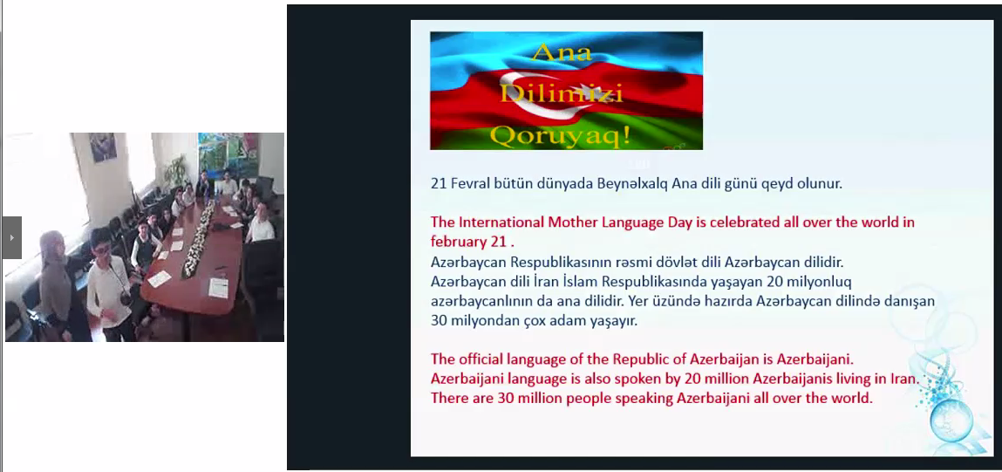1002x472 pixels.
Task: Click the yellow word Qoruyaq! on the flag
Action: [561, 135]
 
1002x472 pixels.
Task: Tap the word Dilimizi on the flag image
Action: [561, 93]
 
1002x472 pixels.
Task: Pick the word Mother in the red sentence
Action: [570, 222]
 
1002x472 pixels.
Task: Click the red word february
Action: [456, 242]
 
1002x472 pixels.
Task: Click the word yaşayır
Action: [617, 321]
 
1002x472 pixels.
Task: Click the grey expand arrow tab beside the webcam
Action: [12, 237]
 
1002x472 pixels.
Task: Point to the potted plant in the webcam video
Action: [176, 171]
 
